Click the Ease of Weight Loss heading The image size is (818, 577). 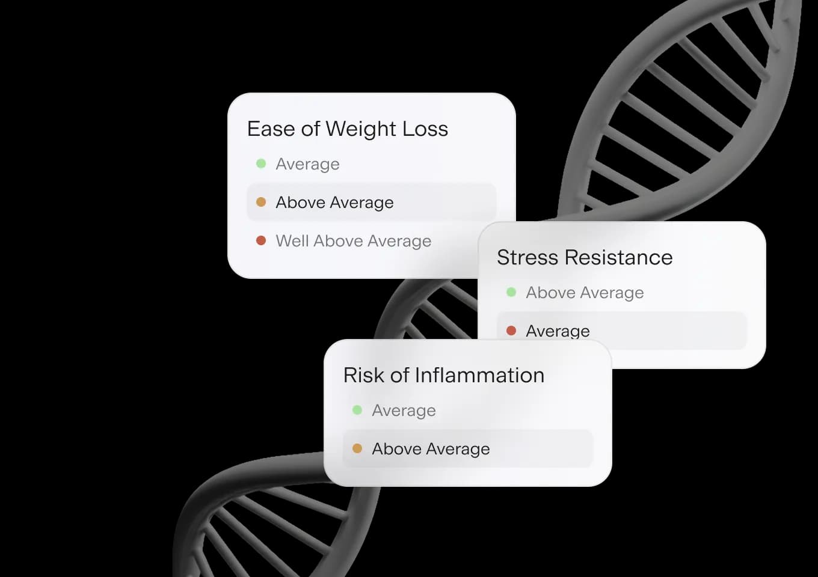[x=347, y=129]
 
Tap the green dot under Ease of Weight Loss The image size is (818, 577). [x=261, y=163]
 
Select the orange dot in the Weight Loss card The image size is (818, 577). [x=261, y=202]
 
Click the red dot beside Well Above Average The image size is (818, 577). [x=261, y=240]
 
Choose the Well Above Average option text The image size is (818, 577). [x=353, y=240]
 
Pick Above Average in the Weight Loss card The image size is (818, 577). [x=334, y=203]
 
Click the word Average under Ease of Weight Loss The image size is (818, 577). [x=307, y=164]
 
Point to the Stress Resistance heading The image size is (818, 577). [x=585, y=257]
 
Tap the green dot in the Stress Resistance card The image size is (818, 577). [x=511, y=292]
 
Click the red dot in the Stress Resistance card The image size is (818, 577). [x=511, y=330]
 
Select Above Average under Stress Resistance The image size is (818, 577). [x=585, y=293]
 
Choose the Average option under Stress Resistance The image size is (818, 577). [x=558, y=331]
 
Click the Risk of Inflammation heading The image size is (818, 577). [x=443, y=375]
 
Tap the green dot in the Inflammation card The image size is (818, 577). [x=357, y=410]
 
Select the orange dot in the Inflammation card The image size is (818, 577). [x=357, y=448]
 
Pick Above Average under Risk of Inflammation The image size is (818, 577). [x=431, y=449]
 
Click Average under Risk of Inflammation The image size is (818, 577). [x=404, y=411]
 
